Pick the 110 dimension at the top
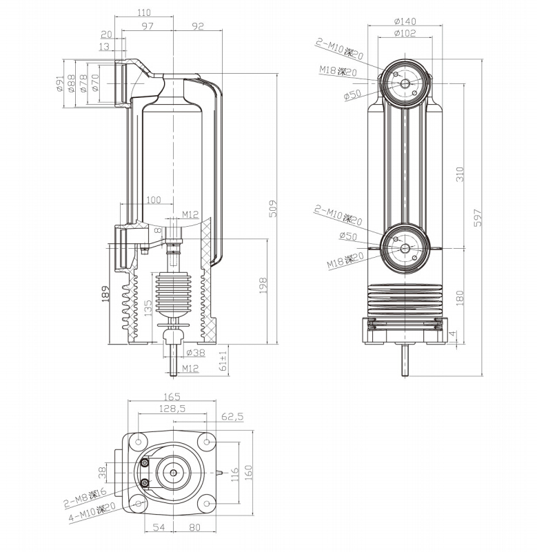(143, 12)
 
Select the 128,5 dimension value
(172, 409)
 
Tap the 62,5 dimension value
(232, 416)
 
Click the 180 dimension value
(460, 297)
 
